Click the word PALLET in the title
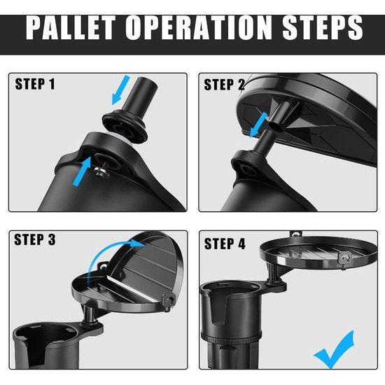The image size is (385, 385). tap(71, 27)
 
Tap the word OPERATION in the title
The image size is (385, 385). tap(199, 27)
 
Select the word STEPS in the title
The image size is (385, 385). tap(323, 27)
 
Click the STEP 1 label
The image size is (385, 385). tap(35, 84)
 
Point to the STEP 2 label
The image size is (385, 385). tap(225, 85)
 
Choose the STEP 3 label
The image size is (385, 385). tap(34, 239)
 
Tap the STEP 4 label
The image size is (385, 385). tap(225, 244)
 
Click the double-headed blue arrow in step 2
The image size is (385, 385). tap(259, 125)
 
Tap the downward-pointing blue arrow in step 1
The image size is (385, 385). tap(120, 90)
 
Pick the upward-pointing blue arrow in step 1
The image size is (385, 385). tap(83, 172)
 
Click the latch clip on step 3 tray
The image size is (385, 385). tap(169, 302)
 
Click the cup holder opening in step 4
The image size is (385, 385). tap(231, 290)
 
